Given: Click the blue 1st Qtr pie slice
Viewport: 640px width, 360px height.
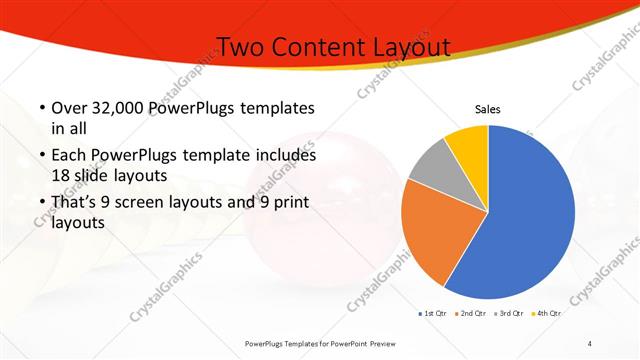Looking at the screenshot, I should click(x=530, y=215).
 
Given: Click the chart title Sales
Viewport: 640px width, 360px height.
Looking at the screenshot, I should click(x=487, y=110).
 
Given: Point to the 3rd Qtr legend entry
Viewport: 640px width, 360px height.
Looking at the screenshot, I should click(x=508, y=314).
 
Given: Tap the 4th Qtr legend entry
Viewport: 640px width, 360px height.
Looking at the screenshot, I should click(x=546, y=314).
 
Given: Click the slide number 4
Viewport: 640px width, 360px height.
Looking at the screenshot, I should click(x=590, y=343).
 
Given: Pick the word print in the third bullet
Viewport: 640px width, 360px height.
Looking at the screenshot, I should click(x=284, y=203).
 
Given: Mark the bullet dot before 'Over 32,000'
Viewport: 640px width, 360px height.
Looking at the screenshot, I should click(x=40, y=108).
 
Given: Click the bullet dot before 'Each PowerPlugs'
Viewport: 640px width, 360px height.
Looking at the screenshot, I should click(x=40, y=156).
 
